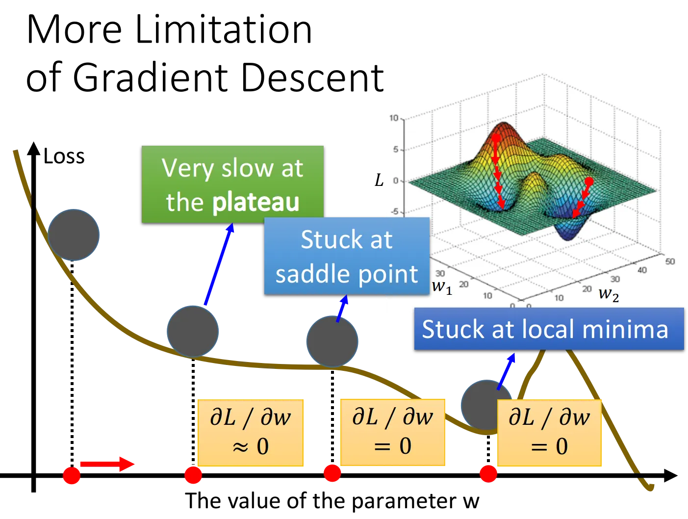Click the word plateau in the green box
pyautogui.click(x=255, y=203)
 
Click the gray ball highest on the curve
pyautogui.click(x=74, y=235)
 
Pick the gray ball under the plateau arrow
pyautogui.click(x=193, y=332)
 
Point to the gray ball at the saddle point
pyautogui.click(x=332, y=341)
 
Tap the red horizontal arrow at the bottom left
pyautogui.click(x=107, y=464)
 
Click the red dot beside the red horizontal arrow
pyautogui.click(x=72, y=475)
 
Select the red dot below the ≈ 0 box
pyautogui.click(x=193, y=475)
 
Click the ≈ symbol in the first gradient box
pyautogui.click(x=240, y=447)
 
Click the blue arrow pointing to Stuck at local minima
pyautogui.click(x=506, y=371)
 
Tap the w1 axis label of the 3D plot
pyautogui.click(x=442, y=286)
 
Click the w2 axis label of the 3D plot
pyautogui.click(x=609, y=294)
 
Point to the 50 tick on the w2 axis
pyautogui.click(x=670, y=261)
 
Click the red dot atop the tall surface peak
pyautogui.click(x=496, y=138)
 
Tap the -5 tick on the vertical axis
pyautogui.click(x=394, y=212)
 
